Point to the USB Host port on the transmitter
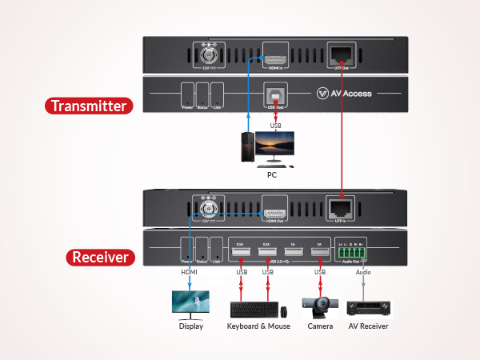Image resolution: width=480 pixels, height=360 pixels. [274, 93]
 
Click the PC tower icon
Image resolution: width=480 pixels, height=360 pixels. [249, 146]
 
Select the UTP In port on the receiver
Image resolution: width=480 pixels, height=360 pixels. [342, 206]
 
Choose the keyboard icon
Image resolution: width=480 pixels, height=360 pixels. [254, 309]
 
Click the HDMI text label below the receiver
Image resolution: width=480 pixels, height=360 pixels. [189, 272]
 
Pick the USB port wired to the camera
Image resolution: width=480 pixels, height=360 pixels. [319, 254]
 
